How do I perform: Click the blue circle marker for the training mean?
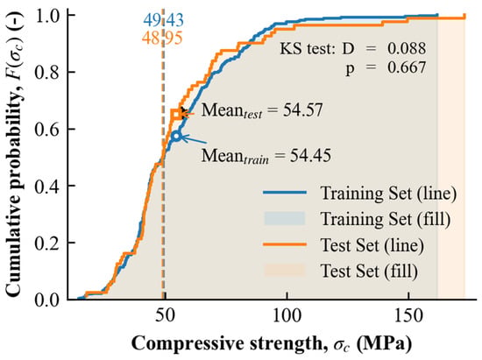point(176,136)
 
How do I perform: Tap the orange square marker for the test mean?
point(176,115)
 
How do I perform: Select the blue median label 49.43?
point(163,20)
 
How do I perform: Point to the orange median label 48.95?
point(162,38)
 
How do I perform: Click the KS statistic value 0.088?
point(407,48)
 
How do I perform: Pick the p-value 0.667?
point(407,67)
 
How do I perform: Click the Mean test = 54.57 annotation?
point(262,111)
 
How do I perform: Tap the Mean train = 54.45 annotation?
point(266,156)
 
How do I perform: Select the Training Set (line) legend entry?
point(359,194)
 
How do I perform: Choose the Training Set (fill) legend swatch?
point(285,219)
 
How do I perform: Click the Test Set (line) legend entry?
point(344,244)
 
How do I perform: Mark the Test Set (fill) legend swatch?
point(285,271)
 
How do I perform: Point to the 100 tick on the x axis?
point(287,316)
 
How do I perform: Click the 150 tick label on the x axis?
point(408,316)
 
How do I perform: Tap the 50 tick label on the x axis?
point(166,316)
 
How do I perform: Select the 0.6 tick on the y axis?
point(46,129)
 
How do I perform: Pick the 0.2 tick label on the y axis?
point(46,243)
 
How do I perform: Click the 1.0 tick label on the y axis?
point(46,15)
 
